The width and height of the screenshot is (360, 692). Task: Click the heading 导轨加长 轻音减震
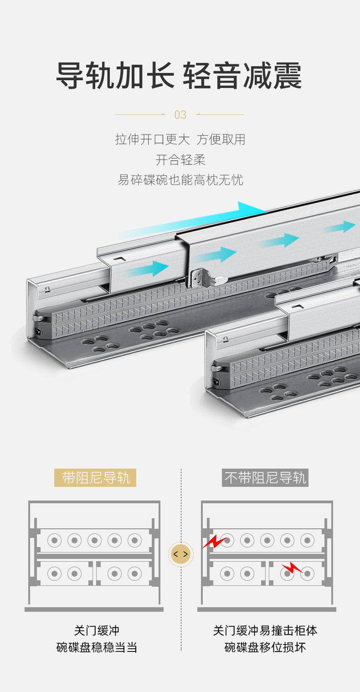coord(179,75)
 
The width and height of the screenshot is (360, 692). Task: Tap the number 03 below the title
coord(180,115)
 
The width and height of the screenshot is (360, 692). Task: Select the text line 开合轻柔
coord(180,160)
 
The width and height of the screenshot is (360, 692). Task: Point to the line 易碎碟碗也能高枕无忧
coord(180,180)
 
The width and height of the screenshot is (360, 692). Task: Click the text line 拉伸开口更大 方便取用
coord(180,139)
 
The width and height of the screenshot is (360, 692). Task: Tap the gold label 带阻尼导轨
coord(95,478)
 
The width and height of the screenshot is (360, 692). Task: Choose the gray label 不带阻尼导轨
coord(265,478)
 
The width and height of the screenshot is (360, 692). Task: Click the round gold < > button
coord(180,554)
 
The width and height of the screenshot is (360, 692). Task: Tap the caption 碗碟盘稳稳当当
coord(97,647)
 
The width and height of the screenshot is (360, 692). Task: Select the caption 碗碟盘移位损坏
coord(265,647)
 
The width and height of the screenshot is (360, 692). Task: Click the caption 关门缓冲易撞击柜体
coord(265,630)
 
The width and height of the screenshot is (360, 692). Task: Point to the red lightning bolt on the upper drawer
coord(214,542)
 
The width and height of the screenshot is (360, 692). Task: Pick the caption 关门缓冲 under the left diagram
coord(97,630)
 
